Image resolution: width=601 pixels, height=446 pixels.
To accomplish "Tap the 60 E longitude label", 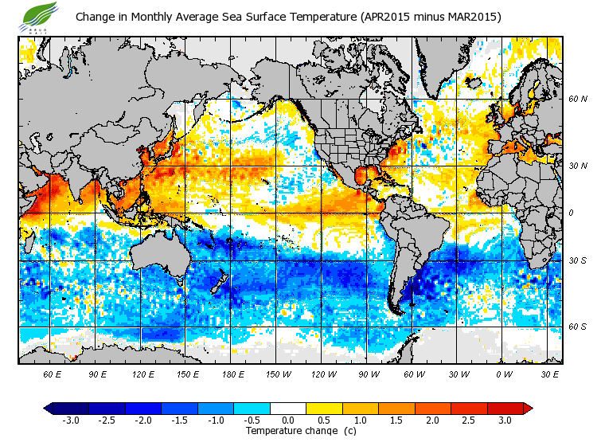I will (x=53, y=374).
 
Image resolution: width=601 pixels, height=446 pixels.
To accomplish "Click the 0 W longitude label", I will (x=502, y=374).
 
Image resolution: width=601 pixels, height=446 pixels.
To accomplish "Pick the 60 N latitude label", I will (x=577, y=100).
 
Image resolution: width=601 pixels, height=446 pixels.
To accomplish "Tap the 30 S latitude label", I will (x=577, y=261).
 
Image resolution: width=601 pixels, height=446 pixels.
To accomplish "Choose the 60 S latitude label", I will (x=577, y=327).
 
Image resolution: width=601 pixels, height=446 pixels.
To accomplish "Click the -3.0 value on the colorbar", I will (x=71, y=420).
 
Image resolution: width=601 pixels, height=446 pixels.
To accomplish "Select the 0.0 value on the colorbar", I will (x=288, y=420).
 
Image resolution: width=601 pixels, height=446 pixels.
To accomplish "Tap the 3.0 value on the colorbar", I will (x=505, y=420).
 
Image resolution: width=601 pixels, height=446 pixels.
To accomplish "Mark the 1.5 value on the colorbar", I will (x=396, y=420).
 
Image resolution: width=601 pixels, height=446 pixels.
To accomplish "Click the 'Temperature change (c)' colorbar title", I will (x=289, y=431).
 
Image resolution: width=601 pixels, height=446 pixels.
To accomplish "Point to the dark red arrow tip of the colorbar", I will (x=527, y=408).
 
